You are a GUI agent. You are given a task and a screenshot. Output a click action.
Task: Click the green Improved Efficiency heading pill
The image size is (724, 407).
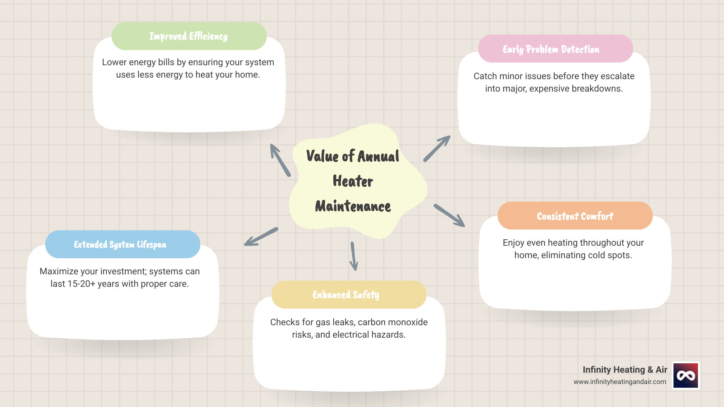point(189,36)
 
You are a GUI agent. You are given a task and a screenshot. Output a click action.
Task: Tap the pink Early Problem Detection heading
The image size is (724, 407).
point(555,49)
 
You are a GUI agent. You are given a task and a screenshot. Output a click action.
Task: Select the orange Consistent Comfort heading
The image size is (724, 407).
point(575,216)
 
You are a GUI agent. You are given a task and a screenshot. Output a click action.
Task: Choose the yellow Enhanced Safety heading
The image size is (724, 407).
point(348,295)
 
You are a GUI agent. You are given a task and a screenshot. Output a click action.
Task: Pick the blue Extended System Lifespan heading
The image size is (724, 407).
point(122,245)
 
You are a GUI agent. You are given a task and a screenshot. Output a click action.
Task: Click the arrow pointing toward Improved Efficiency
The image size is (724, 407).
point(280,160)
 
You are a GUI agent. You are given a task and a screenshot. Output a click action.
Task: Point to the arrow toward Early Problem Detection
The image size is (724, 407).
point(437,149)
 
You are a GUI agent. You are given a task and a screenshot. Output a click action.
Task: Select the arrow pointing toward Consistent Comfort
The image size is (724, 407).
point(449,216)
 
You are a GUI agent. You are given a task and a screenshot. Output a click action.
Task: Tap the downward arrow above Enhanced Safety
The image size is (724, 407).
point(353,257)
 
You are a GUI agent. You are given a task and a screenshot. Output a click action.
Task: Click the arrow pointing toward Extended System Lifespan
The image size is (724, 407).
point(261,237)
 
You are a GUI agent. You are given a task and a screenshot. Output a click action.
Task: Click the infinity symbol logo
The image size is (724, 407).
point(686,375)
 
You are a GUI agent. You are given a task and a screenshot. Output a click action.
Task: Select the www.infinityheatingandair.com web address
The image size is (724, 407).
point(620,382)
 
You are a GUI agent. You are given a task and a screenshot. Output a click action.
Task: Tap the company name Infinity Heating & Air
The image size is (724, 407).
point(624,370)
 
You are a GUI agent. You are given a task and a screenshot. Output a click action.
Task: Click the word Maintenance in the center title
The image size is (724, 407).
point(353,206)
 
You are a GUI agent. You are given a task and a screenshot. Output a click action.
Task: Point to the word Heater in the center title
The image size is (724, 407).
point(353,181)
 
